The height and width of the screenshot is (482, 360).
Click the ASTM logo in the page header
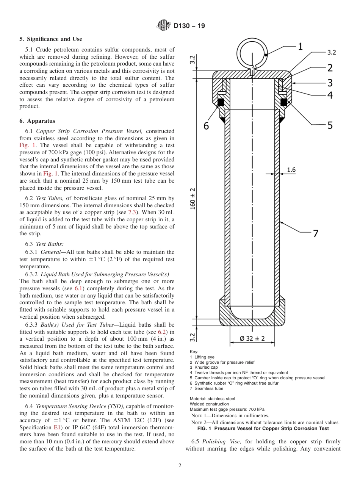163,26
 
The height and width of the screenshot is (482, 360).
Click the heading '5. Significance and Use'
50,39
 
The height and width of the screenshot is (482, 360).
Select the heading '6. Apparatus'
37,121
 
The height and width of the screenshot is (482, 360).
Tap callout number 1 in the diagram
300,47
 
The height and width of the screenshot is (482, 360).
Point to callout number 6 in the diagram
206,125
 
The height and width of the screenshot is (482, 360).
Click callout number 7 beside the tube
315,234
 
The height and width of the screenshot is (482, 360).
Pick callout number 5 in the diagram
330,125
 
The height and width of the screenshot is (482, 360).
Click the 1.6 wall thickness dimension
291,170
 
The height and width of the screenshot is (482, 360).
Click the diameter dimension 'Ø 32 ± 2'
252,338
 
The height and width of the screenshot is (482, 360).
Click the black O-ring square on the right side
283,102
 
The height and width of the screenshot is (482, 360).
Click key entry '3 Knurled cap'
204,367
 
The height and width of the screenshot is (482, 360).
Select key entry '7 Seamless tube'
207,388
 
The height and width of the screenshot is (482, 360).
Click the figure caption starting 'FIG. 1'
263,429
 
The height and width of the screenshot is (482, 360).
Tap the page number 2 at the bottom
180,466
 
